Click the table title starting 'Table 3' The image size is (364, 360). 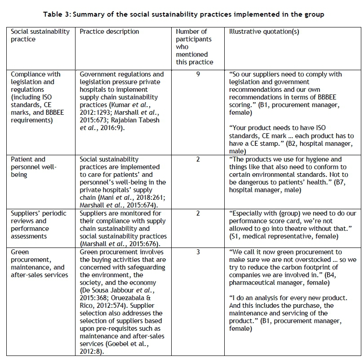pos(183,14)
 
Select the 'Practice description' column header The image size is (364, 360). pos(109,31)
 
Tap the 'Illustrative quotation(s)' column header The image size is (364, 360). pos(264,31)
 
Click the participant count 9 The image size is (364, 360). pos(198,74)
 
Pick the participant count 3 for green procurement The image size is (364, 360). pos(198,252)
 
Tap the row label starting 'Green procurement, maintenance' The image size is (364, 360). pos(40,264)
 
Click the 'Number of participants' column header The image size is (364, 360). pos(195,47)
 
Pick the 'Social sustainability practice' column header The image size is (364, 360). pos(40,35)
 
